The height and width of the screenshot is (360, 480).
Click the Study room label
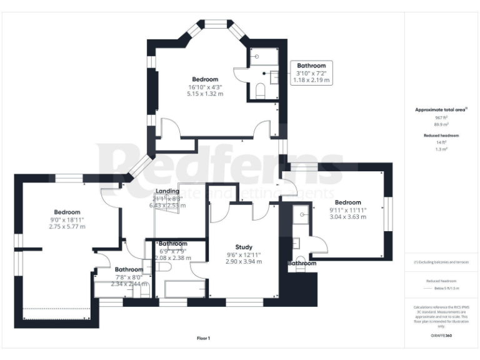coord(243,247)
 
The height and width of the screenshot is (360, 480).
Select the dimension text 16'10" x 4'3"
coord(204,87)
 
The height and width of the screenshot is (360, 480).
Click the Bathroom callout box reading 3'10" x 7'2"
coord(311,73)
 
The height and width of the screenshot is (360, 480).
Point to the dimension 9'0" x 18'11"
coord(66,219)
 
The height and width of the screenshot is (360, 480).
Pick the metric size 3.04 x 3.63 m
coord(347,217)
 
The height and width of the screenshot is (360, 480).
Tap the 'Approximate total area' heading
coord(441,109)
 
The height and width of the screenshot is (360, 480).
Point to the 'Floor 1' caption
coord(204,338)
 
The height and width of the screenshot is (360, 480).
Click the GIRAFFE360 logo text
coord(441,336)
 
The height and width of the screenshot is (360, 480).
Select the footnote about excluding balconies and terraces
coord(441,262)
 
